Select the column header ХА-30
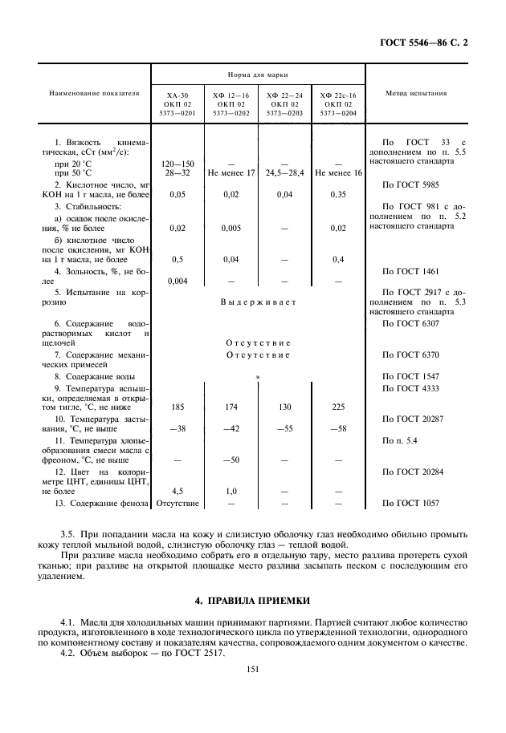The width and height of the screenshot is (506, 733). [178, 95]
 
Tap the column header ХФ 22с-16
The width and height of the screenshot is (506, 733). [338, 95]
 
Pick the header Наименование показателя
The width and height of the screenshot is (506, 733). [95, 94]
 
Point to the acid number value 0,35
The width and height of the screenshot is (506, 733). [338, 194]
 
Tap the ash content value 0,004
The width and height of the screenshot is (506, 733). [178, 281]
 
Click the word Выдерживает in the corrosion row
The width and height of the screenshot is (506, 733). [258, 302]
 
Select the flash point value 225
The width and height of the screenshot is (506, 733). [338, 407]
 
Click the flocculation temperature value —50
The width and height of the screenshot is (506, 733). [231, 460]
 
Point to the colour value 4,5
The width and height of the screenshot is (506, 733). [178, 491]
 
